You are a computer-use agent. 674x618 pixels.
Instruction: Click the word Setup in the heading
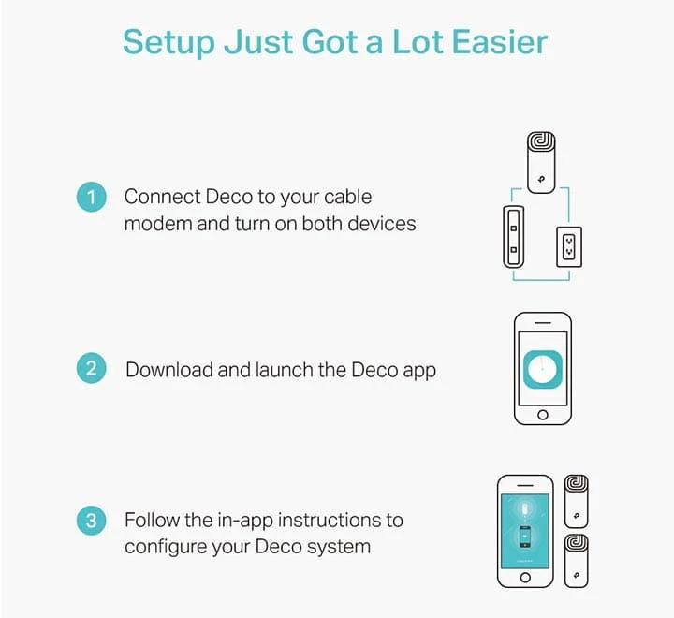(x=168, y=43)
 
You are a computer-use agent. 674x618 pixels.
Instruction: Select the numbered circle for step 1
(x=91, y=197)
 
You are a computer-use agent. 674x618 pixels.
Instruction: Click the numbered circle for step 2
(x=91, y=368)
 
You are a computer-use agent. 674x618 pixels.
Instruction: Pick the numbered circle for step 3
(x=91, y=521)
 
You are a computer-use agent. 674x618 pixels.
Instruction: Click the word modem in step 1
(x=158, y=224)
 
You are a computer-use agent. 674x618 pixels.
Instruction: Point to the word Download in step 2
(x=168, y=370)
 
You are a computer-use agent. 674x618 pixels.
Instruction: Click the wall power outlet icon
(x=569, y=247)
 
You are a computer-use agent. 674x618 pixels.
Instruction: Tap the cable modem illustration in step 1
(x=513, y=237)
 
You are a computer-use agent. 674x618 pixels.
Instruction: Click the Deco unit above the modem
(x=541, y=163)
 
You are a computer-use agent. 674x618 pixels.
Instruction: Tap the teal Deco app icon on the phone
(x=543, y=369)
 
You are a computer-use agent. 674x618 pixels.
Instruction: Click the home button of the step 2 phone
(x=543, y=415)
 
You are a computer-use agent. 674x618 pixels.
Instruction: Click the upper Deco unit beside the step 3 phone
(x=576, y=502)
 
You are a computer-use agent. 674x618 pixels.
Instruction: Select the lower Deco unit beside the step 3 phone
(x=576, y=561)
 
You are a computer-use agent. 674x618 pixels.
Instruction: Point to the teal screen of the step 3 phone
(x=525, y=531)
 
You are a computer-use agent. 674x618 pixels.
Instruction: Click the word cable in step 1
(x=347, y=197)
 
